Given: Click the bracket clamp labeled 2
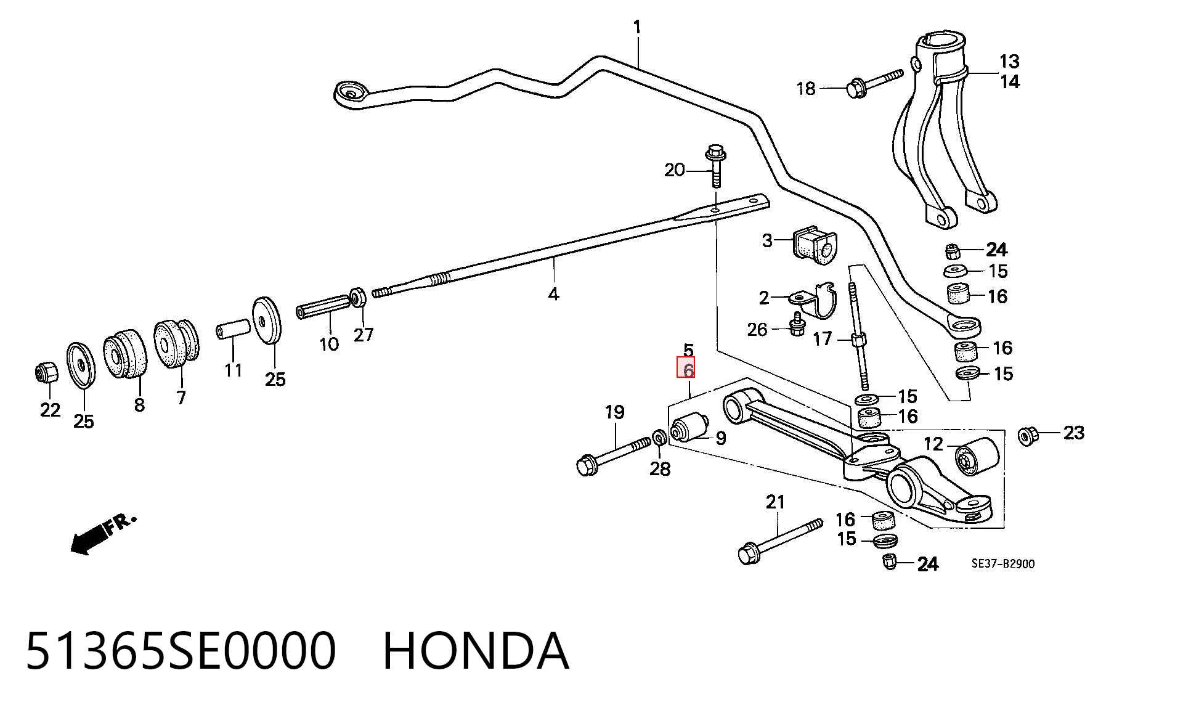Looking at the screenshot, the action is (x=813, y=301).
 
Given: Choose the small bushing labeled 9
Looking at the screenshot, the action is (x=690, y=427).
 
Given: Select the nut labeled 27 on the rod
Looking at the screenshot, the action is (x=358, y=297).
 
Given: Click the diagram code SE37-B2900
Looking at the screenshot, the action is (x=1003, y=563).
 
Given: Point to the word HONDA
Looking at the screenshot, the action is (x=476, y=651).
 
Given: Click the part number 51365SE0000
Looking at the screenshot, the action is (x=181, y=651).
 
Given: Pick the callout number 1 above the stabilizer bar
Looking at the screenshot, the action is (x=637, y=27).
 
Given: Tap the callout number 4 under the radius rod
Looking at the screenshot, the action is (x=553, y=295).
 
